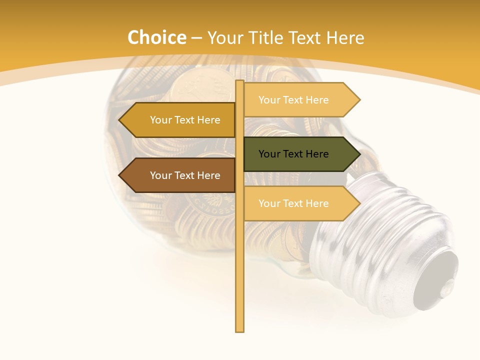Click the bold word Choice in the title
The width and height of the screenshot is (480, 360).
[156, 37]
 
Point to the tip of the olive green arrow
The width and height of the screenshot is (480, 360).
[359, 154]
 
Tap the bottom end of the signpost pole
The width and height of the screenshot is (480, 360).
[239, 330]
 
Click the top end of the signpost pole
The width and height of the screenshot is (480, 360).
[239, 82]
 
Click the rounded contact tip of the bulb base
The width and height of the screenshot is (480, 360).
[440, 280]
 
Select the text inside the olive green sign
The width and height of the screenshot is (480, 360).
[293, 154]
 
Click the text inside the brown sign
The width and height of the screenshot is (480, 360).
[185, 175]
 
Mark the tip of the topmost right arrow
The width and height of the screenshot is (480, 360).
[359, 100]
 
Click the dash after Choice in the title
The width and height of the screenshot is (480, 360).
[196, 38]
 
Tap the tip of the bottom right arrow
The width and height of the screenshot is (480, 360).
[359, 203]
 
